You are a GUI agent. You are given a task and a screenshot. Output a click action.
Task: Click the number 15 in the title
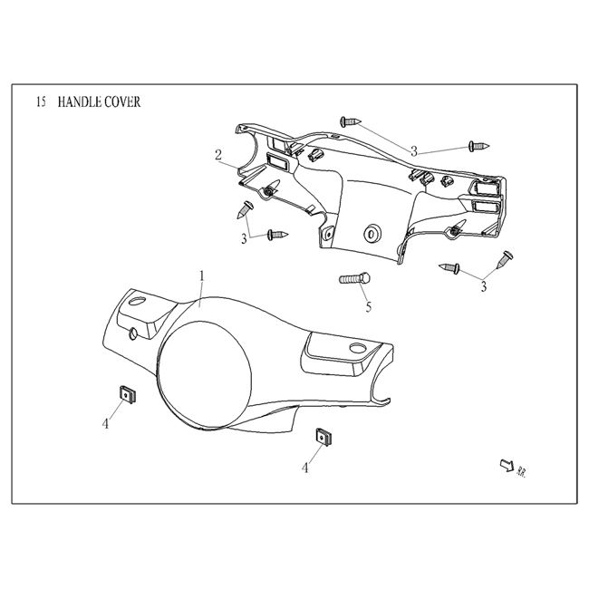point(40,102)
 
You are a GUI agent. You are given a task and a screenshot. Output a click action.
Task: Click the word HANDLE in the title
point(79,102)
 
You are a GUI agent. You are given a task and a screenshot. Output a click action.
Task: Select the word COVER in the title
point(123,102)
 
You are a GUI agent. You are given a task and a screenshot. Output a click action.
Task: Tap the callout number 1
point(201,274)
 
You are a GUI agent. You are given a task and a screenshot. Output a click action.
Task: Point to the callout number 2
point(218,154)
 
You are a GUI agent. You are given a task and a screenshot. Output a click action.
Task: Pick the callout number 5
point(369,307)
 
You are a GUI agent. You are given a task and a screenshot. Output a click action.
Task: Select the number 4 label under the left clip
point(106,423)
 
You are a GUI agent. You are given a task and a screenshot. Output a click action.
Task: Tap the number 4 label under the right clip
point(305,468)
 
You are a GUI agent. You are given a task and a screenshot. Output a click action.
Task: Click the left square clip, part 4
point(125,393)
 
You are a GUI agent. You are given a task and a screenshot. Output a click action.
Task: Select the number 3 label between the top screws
point(413,150)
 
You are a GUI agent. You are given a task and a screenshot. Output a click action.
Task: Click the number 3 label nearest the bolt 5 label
point(483,285)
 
